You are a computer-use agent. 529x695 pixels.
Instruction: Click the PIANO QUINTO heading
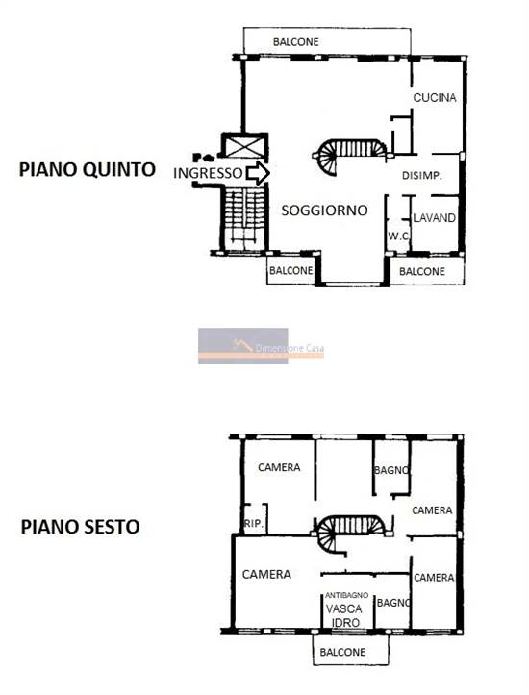[x=87, y=170]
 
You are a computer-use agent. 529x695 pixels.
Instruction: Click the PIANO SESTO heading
[x=81, y=527]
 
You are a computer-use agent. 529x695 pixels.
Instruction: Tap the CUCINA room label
[x=434, y=98]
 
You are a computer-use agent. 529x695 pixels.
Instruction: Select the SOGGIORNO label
[x=324, y=210]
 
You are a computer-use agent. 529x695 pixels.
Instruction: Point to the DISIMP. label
[x=421, y=176]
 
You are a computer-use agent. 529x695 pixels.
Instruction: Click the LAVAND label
[x=434, y=218]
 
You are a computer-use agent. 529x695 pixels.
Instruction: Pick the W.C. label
[x=399, y=236]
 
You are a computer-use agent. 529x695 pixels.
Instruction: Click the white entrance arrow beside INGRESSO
[x=258, y=173]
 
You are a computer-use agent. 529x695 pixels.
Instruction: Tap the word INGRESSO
[x=208, y=173]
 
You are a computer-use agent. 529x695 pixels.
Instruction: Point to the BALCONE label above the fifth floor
[x=295, y=43]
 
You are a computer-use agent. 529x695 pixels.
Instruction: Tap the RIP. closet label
[x=255, y=524]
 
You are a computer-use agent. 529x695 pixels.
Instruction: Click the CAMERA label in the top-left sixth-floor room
[x=279, y=468]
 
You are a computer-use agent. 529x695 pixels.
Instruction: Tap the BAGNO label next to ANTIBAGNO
[x=394, y=603]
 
